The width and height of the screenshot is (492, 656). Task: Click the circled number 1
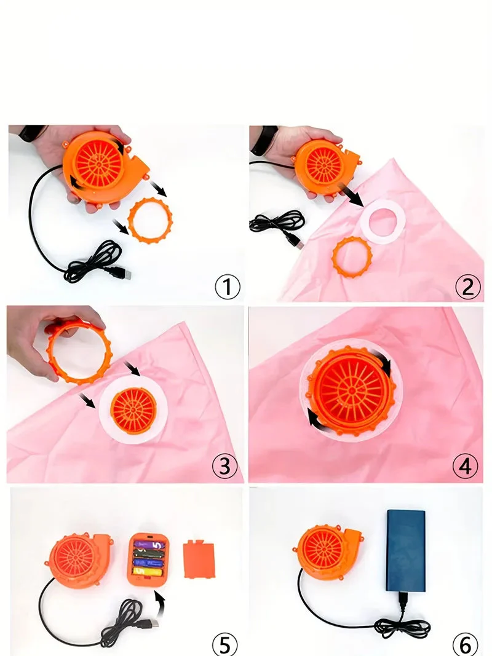(x=227, y=287)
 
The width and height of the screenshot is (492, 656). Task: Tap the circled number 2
(x=468, y=287)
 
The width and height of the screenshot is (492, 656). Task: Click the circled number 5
(x=224, y=644)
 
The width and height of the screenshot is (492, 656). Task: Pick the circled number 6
(x=465, y=644)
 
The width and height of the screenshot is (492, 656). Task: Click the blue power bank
(x=405, y=550)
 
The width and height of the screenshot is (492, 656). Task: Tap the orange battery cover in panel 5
(x=199, y=559)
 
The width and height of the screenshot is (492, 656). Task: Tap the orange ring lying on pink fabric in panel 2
(x=352, y=256)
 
